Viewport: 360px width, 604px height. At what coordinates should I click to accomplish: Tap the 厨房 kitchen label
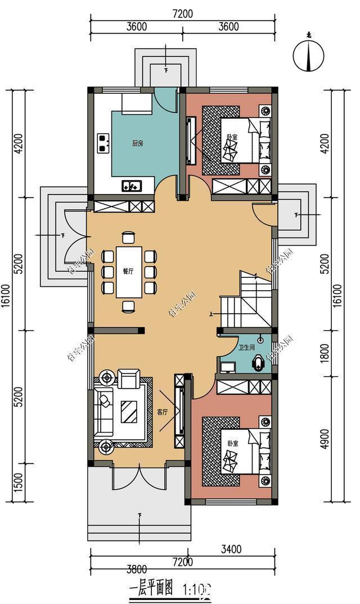138,143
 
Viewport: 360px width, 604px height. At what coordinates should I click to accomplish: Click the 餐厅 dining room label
128,271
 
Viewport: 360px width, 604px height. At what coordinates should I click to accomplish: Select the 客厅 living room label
163,412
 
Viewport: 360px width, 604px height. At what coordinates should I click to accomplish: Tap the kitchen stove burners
103,143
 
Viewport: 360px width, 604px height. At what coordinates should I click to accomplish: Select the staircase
246,301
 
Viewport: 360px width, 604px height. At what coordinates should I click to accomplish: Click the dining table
129,272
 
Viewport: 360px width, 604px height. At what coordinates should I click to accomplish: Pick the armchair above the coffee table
129,378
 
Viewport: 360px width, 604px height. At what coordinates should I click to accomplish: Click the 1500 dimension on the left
18,481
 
